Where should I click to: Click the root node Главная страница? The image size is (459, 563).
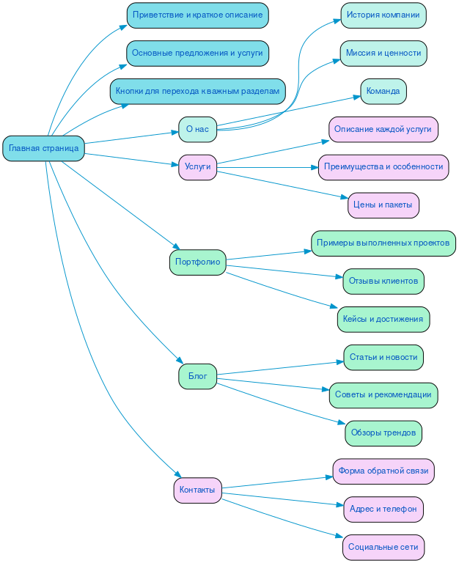(44, 149)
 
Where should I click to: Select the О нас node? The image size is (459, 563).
(197, 129)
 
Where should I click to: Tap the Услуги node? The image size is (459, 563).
(197, 167)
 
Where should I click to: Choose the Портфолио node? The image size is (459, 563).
(197, 262)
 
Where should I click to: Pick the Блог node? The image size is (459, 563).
(197, 377)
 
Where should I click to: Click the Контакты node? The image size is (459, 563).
(197, 490)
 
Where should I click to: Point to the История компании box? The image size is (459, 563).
(383, 15)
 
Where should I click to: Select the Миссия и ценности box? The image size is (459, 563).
(383, 54)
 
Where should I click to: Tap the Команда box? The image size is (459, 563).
(383, 92)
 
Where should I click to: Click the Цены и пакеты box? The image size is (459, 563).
(383, 205)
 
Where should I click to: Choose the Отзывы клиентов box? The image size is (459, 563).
(383, 281)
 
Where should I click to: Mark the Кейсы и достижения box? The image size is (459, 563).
(383, 319)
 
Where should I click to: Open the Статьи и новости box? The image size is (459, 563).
(383, 357)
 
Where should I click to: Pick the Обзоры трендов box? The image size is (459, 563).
(383, 433)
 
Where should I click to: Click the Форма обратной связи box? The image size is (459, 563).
(383, 471)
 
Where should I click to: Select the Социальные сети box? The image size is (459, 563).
(383, 547)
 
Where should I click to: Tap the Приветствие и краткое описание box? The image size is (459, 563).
(197, 15)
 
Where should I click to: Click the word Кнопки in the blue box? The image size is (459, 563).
(130, 92)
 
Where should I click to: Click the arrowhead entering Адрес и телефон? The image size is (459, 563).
(339, 506)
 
